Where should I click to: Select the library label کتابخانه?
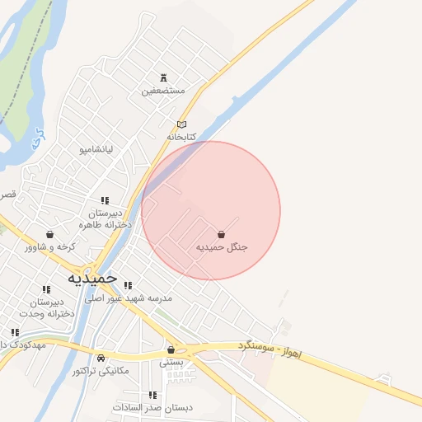184,136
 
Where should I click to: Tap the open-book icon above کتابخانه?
182,124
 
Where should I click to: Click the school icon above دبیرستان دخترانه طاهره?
105,200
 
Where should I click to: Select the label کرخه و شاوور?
50,246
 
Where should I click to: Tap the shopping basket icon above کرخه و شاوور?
50,234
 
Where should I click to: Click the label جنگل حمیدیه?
222,247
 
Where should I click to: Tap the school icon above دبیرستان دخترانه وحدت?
46,289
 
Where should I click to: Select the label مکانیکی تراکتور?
101,371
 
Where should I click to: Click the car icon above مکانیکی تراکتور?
101,359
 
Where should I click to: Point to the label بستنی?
171,362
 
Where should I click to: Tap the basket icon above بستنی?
171,349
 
